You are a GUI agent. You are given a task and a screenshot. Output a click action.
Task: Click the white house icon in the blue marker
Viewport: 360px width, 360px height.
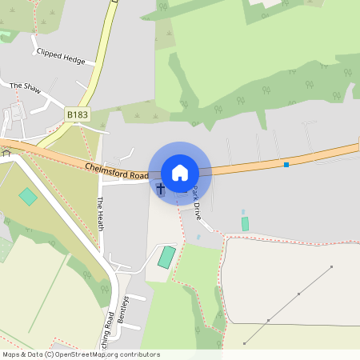click(x=180, y=173)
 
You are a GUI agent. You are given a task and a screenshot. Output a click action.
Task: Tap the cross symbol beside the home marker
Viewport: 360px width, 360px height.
click(x=160, y=189)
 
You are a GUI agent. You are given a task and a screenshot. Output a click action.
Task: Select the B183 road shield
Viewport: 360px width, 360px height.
click(x=77, y=115)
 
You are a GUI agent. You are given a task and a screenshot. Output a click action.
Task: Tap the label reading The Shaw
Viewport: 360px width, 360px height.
click(x=25, y=86)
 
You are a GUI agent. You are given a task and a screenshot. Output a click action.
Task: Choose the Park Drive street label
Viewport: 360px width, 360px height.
click(x=197, y=203)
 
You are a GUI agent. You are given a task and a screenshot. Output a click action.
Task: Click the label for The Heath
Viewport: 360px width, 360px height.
click(x=101, y=214)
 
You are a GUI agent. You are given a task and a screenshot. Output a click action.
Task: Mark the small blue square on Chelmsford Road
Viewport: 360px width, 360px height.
click(x=286, y=165)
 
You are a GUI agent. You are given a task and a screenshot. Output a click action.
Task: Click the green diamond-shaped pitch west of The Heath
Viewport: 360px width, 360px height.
click(x=28, y=196)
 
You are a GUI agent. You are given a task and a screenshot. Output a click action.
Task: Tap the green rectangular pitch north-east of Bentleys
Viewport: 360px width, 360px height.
click(x=166, y=258)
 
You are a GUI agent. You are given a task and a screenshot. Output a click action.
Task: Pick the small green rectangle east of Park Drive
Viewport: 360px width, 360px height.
click(x=245, y=224)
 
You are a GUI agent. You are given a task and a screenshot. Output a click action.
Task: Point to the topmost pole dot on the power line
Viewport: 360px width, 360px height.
click(x=331, y=266)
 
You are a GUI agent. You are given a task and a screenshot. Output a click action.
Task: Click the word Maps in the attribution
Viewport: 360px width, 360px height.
click(x=12, y=354)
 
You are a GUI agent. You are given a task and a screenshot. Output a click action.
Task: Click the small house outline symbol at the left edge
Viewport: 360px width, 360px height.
click(x=6, y=153)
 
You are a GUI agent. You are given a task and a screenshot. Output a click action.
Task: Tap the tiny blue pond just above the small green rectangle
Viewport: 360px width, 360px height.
click(x=243, y=212)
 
